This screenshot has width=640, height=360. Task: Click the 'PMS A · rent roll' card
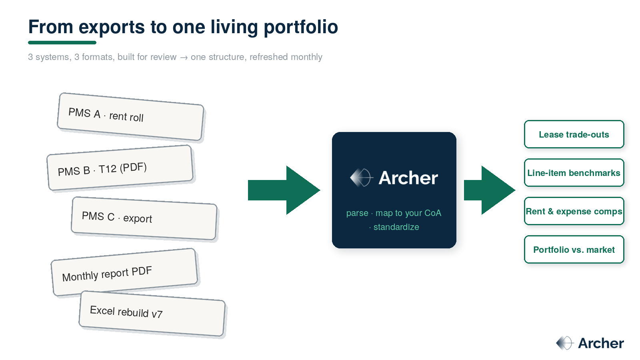[130, 116]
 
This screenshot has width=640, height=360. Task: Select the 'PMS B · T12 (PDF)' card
[120, 168]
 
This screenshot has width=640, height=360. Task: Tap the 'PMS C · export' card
[144, 218]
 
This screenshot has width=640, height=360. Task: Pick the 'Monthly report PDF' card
[124, 272]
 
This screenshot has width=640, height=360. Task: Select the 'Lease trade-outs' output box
[574, 134]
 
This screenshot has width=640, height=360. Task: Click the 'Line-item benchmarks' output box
[574, 172]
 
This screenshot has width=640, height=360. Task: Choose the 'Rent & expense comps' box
[574, 211]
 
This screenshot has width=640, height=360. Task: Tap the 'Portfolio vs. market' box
[574, 250]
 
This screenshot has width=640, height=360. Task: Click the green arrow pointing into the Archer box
[284, 190]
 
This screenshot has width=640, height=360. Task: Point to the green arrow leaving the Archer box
[490, 190]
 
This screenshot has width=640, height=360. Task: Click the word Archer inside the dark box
[408, 178]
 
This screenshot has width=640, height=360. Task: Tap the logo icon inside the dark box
[362, 178]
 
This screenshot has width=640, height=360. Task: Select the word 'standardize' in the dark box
[396, 227]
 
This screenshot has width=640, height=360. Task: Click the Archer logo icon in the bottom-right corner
[565, 343]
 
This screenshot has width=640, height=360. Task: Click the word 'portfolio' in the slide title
[300, 27]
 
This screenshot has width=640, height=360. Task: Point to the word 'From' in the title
[51, 27]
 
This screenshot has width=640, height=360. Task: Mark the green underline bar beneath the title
[62, 42]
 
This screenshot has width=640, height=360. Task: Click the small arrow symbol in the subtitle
[184, 58]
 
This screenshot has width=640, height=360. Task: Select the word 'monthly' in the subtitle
[306, 57]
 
